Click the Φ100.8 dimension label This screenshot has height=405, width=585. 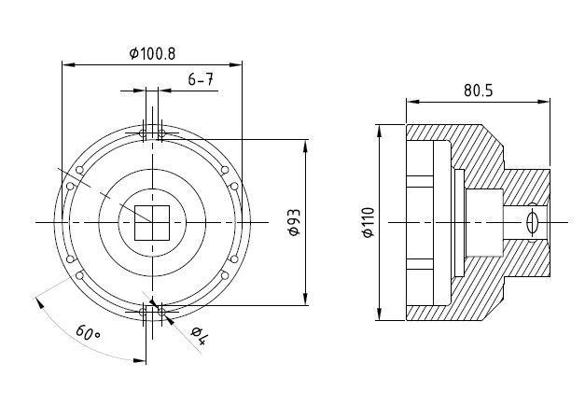[x=152, y=53]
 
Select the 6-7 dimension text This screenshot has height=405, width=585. [x=201, y=79]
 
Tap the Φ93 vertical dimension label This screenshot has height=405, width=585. [x=294, y=222]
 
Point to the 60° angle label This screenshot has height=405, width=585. [x=88, y=332]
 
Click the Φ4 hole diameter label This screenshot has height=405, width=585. [x=200, y=336]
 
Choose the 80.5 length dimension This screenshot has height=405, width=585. [x=478, y=91]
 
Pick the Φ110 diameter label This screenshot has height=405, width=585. [x=368, y=222]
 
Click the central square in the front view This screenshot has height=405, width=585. [x=152, y=222]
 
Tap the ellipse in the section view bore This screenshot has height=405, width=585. [x=533, y=222]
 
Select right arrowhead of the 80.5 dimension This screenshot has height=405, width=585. [x=544, y=102]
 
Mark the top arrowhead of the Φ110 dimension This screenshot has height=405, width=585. [x=380, y=131]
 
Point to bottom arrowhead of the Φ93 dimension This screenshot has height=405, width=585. [x=305, y=299]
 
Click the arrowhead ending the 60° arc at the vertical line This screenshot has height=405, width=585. [x=140, y=360]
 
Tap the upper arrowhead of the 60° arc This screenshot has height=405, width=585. [x=40, y=303]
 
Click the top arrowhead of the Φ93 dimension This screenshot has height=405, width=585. [x=305, y=146]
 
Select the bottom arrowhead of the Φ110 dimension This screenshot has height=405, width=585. [x=380, y=314]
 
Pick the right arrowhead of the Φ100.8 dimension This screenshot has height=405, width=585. [x=236, y=65]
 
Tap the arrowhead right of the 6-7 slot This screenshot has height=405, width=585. [x=164, y=91]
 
